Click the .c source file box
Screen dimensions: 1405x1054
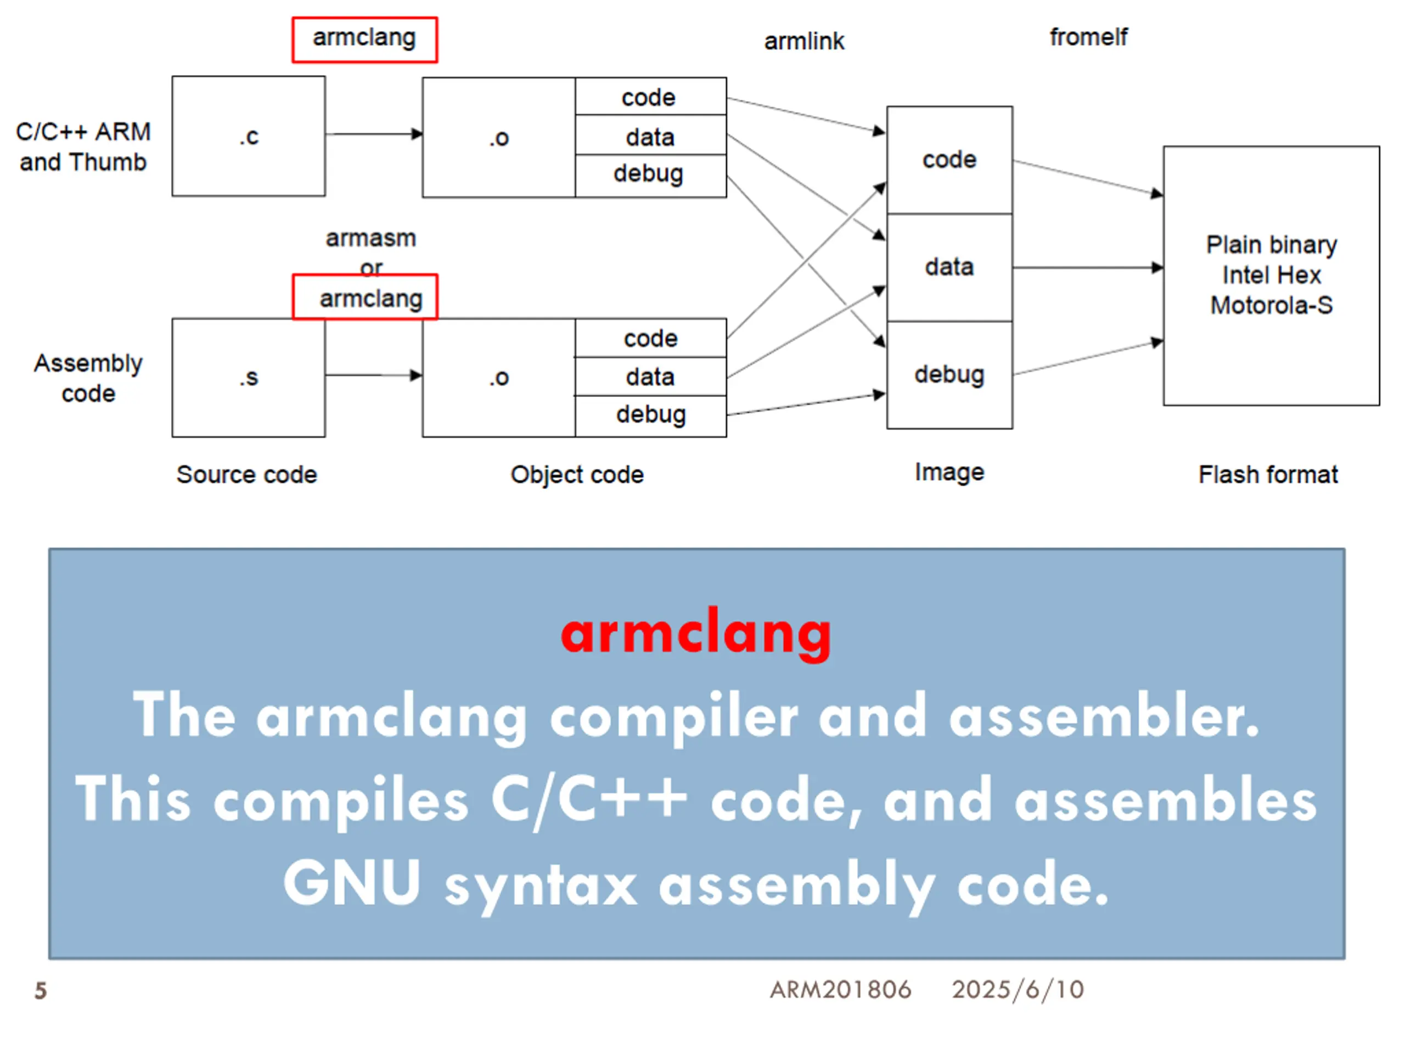click(x=249, y=136)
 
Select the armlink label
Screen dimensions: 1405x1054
click(x=804, y=41)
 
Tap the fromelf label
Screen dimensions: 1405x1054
click(x=1088, y=37)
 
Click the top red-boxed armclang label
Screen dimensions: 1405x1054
click(x=364, y=40)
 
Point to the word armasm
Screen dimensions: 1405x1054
click(x=371, y=238)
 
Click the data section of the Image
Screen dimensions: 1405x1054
click(x=949, y=267)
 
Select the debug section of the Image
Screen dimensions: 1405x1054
click(x=949, y=375)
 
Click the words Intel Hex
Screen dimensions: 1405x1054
click(x=1271, y=275)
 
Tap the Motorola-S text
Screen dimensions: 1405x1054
click(x=1271, y=306)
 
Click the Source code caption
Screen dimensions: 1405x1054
click(x=246, y=475)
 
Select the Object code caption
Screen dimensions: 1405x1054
click(x=577, y=475)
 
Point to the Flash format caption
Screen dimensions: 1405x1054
click(x=1268, y=475)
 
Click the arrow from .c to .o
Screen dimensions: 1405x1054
click(x=374, y=134)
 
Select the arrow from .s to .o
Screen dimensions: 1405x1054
click(x=374, y=375)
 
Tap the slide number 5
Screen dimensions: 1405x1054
click(x=41, y=990)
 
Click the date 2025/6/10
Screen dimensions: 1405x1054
click(x=1018, y=989)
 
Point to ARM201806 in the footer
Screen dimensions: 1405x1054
click(x=840, y=989)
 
